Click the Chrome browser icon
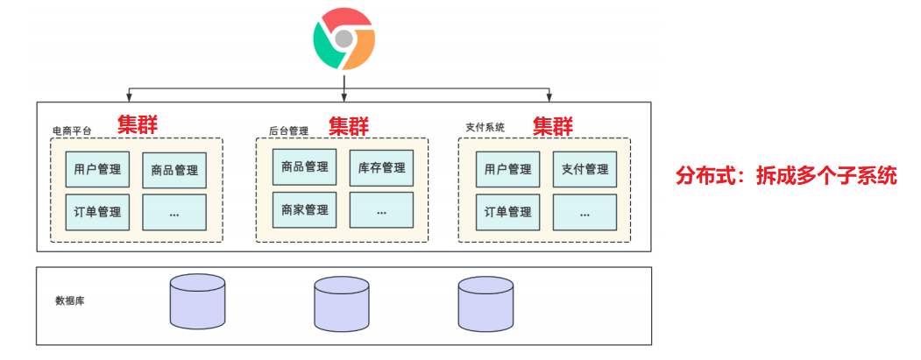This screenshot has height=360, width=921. click(x=344, y=39)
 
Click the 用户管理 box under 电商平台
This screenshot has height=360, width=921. click(x=97, y=168)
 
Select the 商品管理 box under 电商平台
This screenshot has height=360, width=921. click(x=174, y=170)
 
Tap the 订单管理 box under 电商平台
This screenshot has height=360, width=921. click(x=97, y=211)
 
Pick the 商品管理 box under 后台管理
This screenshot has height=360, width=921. click(x=305, y=166)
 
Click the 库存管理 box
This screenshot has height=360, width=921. click(x=381, y=167)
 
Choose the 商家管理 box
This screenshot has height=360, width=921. click(x=305, y=209)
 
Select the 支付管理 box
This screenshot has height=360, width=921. click(x=584, y=169)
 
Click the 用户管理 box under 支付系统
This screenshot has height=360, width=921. click(x=508, y=169)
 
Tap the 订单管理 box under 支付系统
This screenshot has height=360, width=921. click(x=508, y=211)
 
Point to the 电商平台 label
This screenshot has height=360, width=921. click(x=72, y=131)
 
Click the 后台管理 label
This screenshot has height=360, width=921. click(x=288, y=131)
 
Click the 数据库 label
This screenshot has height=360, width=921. click(x=70, y=300)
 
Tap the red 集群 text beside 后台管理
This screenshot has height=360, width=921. click(x=350, y=125)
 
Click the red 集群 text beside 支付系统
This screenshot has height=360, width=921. click(x=554, y=125)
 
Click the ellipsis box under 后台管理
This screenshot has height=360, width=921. click(x=381, y=210)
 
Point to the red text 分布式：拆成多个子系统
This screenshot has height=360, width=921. click(x=786, y=175)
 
